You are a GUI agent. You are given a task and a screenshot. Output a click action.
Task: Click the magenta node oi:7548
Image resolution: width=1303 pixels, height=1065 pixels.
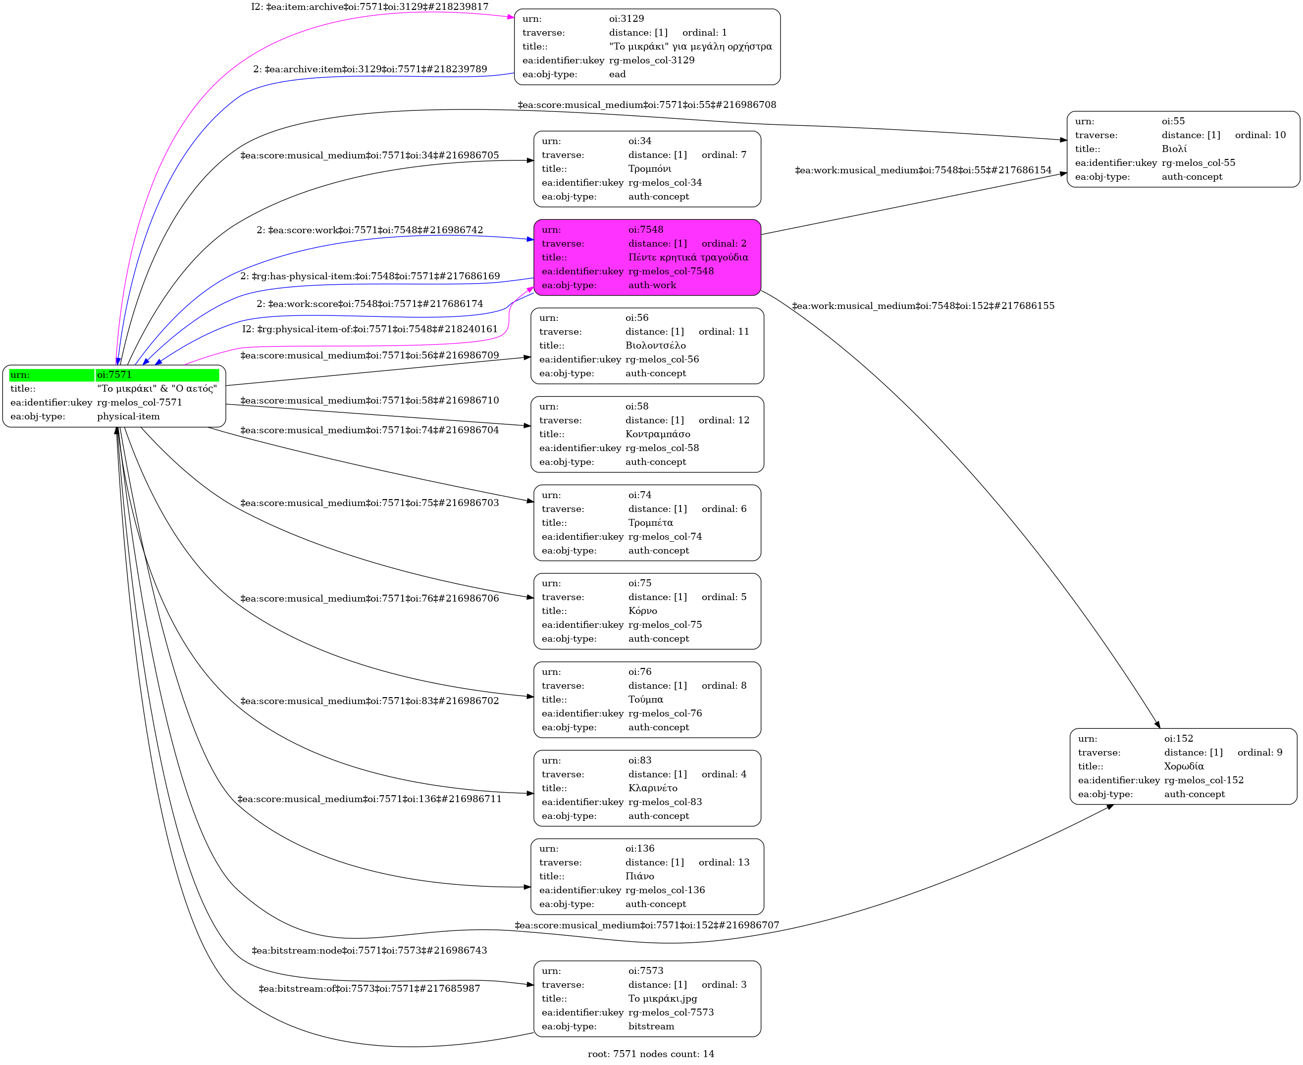(647, 257)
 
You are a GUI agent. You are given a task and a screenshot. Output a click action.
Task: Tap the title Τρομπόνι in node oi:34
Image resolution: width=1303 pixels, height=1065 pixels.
(649, 169)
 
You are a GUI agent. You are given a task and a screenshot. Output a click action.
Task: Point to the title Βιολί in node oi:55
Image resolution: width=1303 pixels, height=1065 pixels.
(1174, 149)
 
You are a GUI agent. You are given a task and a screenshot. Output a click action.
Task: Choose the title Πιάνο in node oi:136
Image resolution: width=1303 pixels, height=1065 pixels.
(639, 876)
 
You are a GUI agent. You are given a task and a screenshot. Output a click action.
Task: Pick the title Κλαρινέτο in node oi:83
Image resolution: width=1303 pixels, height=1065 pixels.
(652, 788)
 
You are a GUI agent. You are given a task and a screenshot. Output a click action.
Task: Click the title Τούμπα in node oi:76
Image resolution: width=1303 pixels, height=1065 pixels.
(645, 700)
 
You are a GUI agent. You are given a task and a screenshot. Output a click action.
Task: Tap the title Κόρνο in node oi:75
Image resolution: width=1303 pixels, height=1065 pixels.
(642, 611)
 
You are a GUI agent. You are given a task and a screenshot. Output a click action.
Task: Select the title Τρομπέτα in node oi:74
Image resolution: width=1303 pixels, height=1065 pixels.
(650, 523)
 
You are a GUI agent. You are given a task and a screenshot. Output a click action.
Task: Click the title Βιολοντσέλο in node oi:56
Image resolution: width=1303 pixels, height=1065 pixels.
(655, 346)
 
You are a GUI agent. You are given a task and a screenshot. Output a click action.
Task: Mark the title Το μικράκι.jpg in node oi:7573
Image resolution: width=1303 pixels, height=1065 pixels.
(662, 999)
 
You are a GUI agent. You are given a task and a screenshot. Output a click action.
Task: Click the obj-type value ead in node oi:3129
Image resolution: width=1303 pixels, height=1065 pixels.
(617, 74)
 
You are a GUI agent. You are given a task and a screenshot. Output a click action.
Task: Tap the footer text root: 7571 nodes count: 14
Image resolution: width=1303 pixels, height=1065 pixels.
(651, 1054)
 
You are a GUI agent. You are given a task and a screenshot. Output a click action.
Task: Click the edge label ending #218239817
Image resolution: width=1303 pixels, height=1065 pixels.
(369, 7)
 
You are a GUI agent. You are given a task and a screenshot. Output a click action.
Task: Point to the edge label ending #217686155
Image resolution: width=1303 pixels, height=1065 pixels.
(923, 305)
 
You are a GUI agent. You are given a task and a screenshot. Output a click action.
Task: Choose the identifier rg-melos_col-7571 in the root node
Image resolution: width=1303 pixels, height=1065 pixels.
(139, 403)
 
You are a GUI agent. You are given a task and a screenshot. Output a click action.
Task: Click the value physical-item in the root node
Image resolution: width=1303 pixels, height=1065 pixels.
(128, 416)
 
